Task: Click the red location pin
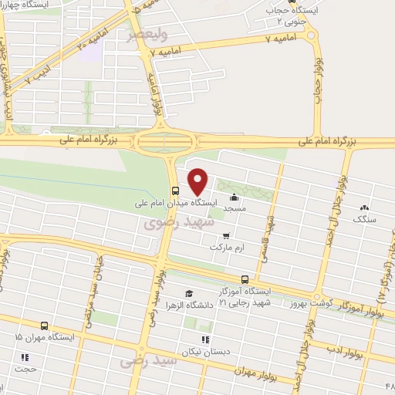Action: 198,181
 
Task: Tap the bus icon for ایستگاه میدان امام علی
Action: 176,191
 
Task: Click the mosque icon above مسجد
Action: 235,197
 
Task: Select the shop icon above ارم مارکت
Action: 225,237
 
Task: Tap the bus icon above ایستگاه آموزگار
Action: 245,279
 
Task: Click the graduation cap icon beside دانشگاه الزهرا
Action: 189,294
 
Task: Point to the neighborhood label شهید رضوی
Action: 167,222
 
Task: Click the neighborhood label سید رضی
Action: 132,361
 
